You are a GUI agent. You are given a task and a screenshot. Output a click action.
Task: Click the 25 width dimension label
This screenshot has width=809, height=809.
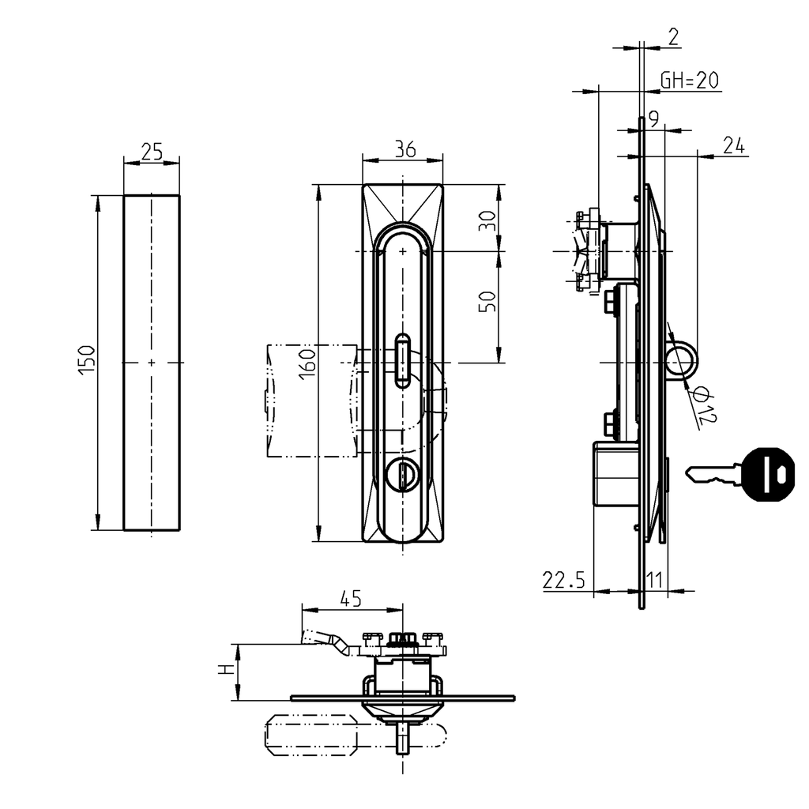(x=151, y=151)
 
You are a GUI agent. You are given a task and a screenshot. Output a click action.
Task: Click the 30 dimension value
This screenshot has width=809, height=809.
(x=488, y=219)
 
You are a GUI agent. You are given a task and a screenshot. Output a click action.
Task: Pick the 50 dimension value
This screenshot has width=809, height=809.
(x=488, y=301)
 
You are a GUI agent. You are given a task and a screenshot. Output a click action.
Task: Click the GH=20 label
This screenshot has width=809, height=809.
(x=690, y=80)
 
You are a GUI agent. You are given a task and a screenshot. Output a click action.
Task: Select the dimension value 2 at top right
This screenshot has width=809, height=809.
(x=673, y=36)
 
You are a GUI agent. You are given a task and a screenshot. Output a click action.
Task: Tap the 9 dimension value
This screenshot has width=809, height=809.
(x=654, y=119)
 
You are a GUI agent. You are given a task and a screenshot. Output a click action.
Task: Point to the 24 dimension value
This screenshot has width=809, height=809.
(x=734, y=145)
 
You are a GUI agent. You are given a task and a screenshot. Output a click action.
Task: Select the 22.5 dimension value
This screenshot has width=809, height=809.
(x=563, y=581)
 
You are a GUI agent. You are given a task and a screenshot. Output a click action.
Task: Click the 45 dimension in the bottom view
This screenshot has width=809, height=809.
(x=351, y=599)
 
